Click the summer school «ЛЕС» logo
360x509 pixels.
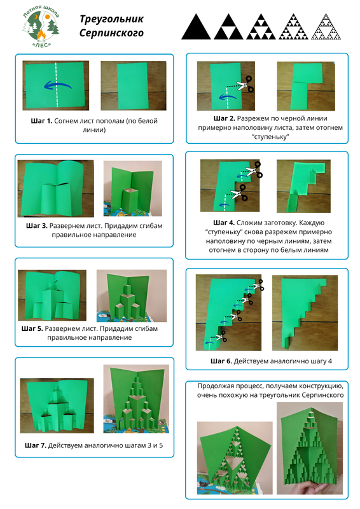point(41,27)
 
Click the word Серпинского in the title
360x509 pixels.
point(111,33)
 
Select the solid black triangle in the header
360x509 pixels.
point(196,27)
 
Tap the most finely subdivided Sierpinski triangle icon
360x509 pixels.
point(326,27)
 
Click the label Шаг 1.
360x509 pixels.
point(41,121)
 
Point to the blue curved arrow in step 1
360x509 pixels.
point(57,85)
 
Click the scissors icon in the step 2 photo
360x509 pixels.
point(245,84)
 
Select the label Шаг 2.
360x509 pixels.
point(225,118)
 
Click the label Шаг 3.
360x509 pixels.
point(37,226)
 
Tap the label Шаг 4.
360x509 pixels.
point(224,223)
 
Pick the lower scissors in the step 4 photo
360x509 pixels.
point(239,193)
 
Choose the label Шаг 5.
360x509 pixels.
point(32,328)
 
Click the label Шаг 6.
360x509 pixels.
point(221,361)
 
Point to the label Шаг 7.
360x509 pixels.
point(36,446)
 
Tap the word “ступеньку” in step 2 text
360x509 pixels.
point(270,137)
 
